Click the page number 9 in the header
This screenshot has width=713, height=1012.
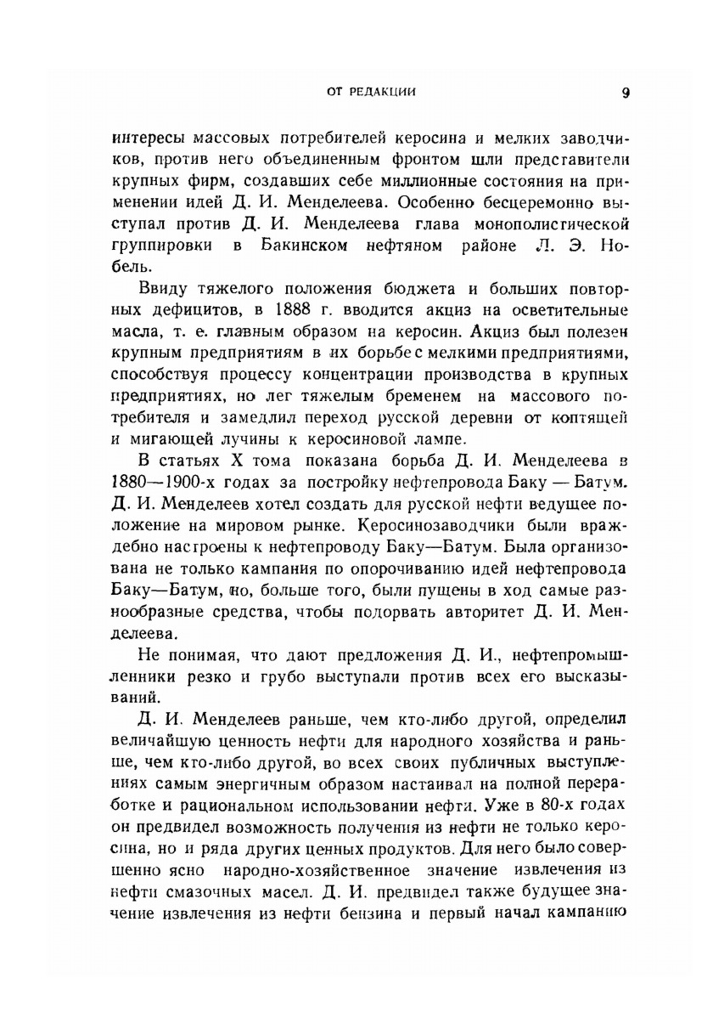click(626, 93)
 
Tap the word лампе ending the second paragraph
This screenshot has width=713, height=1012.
click(433, 438)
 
